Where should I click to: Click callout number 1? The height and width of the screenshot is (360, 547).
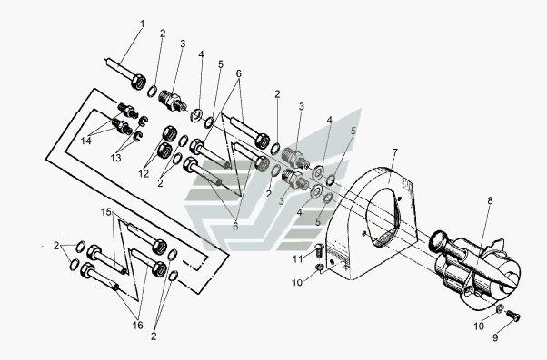pyautogui.click(x=142, y=24)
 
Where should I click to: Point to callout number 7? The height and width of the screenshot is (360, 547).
pyautogui.click(x=395, y=152)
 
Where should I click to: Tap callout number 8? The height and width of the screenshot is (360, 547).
pyautogui.click(x=490, y=200)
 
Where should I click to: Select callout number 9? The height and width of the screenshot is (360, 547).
pyautogui.click(x=495, y=337)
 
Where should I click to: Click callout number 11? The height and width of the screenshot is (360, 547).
pyautogui.click(x=297, y=259)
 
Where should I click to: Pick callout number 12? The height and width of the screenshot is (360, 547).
pyautogui.click(x=144, y=174)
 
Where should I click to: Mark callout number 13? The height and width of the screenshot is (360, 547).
pyautogui.click(x=115, y=158)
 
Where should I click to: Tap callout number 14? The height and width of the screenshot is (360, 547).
pyautogui.click(x=85, y=141)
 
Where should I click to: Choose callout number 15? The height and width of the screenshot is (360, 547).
pyautogui.click(x=106, y=211)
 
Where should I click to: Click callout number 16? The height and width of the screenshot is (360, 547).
pyautogui.click(x=137, y=326)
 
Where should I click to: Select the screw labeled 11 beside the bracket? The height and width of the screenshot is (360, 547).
pyautogui.click(x=319, y=250)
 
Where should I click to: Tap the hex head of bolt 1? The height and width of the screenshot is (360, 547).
pyautogui.click(x=138, y=83)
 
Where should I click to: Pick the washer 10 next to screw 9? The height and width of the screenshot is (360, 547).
pyautogui.click(x=500, y=308)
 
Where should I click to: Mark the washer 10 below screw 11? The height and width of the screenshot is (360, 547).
pyautogui.click(x=318, y=268)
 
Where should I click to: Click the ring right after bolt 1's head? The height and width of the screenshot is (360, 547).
pyautogui.click(x=152, y=91)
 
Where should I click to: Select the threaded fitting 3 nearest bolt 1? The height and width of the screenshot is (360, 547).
pyautogui.click(x=173, y=101)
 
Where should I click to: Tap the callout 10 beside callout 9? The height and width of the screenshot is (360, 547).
pyautogui.click(x=479, y=326)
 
